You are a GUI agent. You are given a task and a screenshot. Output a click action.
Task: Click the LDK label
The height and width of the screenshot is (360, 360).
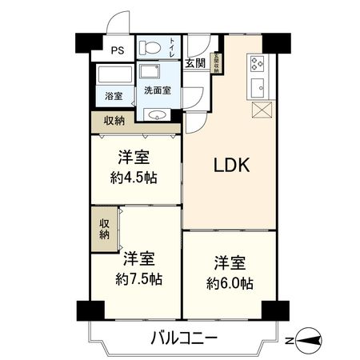point(232,166)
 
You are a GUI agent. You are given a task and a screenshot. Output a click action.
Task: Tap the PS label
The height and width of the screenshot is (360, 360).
point(118,50)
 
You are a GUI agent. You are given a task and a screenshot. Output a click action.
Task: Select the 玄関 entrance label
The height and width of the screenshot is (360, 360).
point(194,62)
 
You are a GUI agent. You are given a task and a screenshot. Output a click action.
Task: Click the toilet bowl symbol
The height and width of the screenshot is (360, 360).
point(149,48)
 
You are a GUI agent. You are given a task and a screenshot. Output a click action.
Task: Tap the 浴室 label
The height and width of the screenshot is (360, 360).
point(114,97)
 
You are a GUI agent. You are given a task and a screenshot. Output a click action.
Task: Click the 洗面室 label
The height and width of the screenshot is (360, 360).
point(157,90)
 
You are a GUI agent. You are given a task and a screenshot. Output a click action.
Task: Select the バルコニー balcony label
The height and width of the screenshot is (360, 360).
point(184,338)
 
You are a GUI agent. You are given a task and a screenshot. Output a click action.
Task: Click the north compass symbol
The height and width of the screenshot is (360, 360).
point(308,339)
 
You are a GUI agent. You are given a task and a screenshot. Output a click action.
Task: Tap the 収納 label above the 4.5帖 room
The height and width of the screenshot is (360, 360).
point(114,121)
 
